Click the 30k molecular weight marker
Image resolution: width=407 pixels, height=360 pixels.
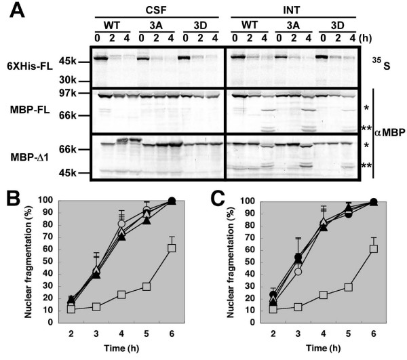(80, 79)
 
